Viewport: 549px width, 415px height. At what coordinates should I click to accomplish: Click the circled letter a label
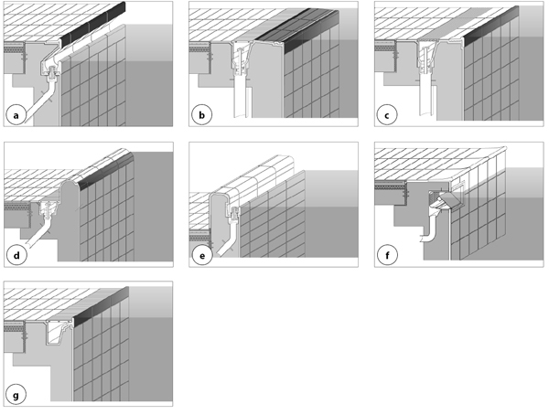pos(16,115)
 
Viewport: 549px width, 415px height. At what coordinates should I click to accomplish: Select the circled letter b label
pos(201,115)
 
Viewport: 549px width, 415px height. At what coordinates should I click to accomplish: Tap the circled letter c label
pos(387,115)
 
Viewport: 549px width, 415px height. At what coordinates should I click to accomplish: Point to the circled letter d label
pos(16,255)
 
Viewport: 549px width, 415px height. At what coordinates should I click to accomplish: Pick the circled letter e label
pos(202,255)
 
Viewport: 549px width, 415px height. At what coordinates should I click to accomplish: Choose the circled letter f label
pos(387,255)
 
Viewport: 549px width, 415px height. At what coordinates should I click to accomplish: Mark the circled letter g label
pos(16,396)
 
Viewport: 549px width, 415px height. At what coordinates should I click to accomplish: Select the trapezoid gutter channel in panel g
pos(59,332)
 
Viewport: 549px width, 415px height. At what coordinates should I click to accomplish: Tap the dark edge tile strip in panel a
pos(93,25)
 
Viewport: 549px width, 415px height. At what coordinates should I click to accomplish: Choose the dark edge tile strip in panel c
pos(491,26)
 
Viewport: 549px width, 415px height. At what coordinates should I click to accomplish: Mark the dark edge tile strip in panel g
pos(102,305)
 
